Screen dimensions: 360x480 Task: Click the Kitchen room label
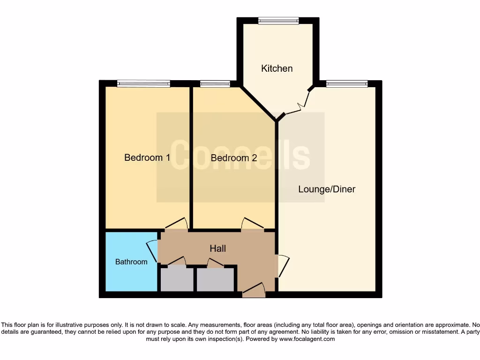point(277,68)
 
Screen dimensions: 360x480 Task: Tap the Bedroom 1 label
point(147,157)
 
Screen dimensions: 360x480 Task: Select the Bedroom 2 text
point(234,158)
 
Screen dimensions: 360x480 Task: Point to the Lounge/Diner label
point(327,189)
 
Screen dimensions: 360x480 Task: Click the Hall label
point(217,248)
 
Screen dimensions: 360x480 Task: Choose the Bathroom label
point(131,262)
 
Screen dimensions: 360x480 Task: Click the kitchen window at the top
point(278,21)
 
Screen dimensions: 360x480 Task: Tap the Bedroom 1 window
point(143,84)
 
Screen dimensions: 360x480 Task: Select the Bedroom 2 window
point(215,84)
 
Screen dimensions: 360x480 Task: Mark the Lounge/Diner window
point(347,84)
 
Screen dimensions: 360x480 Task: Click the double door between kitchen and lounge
point(297,102)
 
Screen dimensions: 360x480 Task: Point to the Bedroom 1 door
point(177,224)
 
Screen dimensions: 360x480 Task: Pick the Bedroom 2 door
point(252,224)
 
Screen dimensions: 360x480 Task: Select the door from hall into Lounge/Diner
point(283,265)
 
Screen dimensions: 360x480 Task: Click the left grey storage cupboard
point(177,279)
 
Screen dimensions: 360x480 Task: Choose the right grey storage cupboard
point(215,279)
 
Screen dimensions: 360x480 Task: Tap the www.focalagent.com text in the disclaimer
point(307,339)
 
